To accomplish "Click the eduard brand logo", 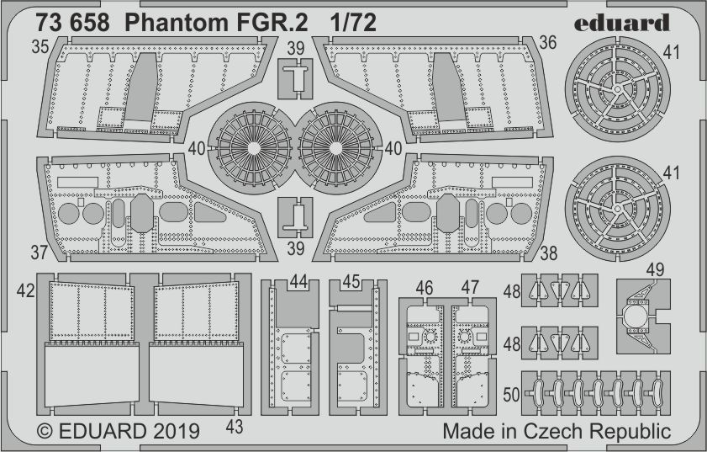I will coord(625,22).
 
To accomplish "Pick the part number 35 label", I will coord(39,47).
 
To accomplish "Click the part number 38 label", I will coord(549,251).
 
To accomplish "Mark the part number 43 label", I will coord(234,427).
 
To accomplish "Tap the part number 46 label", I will coord(425,288).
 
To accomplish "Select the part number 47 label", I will coord(470,288).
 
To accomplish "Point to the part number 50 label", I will coord(512,394).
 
